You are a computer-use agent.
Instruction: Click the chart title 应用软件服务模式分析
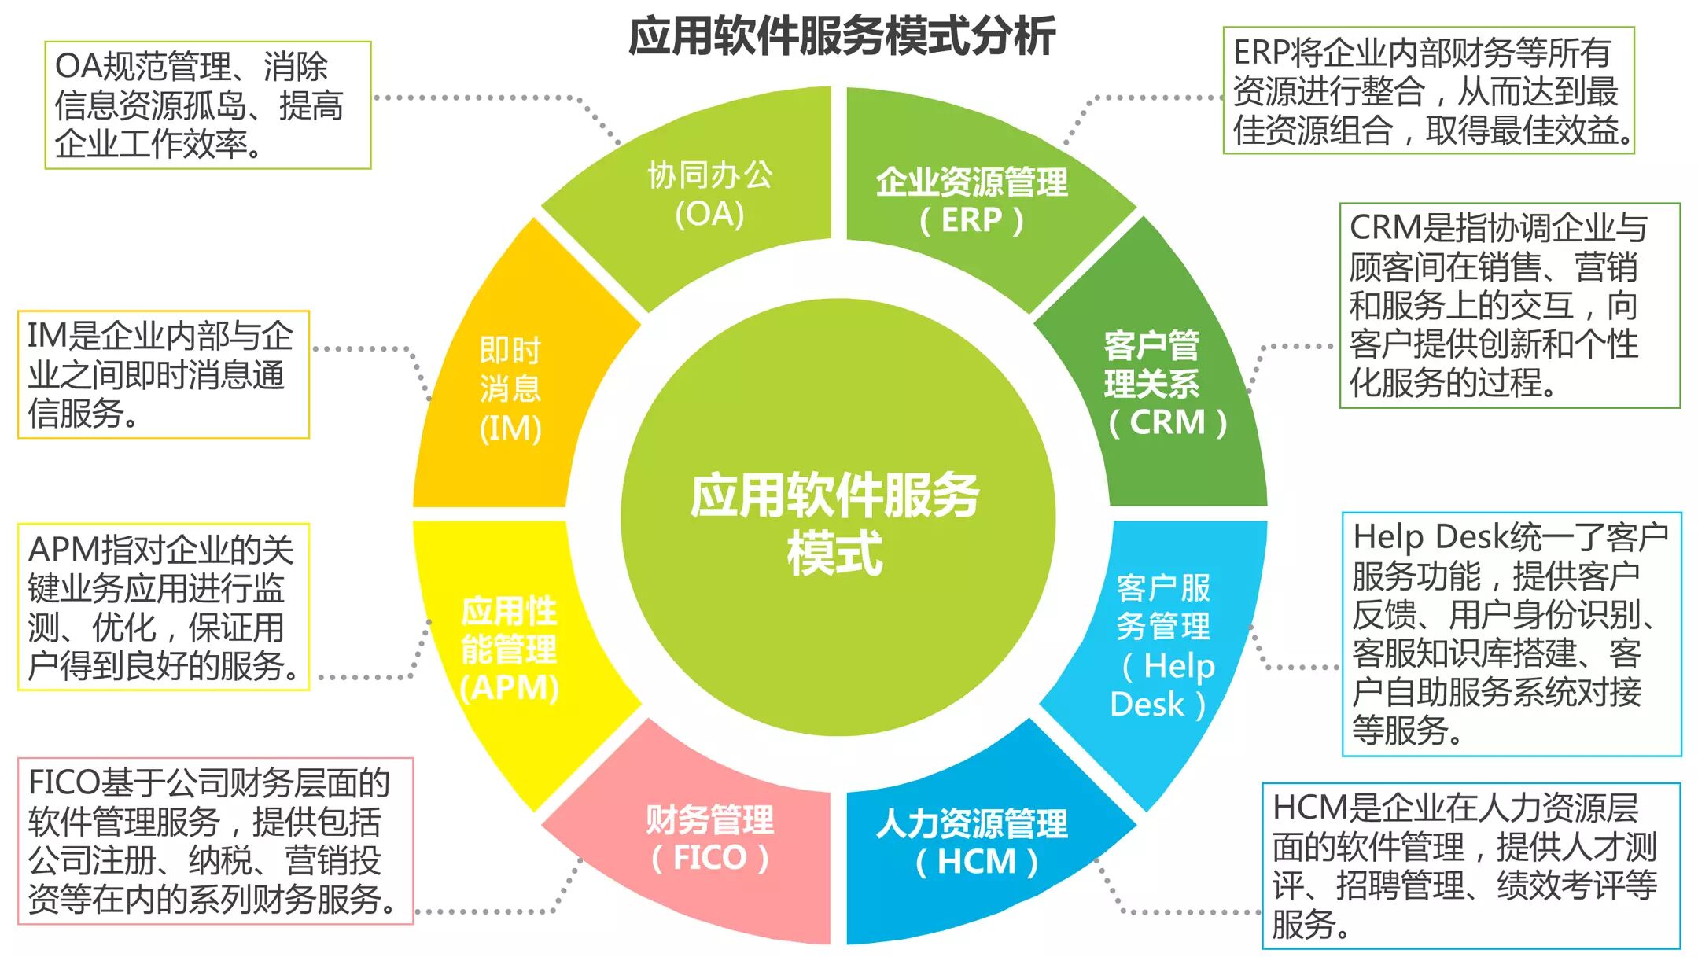pyautogui.click(x=842, y=37)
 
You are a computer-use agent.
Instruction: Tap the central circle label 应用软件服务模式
pyautogui.click(x=834, y=523)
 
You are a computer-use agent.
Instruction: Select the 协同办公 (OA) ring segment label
pyautogui.click(x=709, y=194)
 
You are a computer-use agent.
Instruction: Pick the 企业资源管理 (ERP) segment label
pyautogui.click(x=972, y=201)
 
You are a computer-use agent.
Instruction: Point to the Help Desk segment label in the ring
pyautogui.click(x=1163, y=645)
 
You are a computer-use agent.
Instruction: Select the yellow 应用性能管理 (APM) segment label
pyautogui.click(x=510, y=650)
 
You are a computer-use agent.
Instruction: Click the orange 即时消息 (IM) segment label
pyautogui.click(x=510, y=389)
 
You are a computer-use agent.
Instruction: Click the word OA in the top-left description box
pyautogui.click(x=79, y=67)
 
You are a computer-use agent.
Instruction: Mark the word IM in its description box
pyautogui.click(x=48, y=337)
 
